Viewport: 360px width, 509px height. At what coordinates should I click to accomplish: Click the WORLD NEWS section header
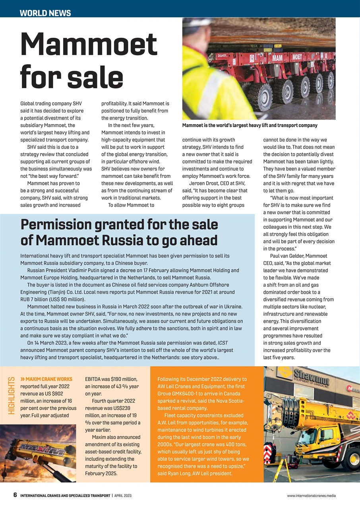pos(45,13)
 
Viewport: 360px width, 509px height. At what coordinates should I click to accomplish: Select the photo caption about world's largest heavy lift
pos(250,125)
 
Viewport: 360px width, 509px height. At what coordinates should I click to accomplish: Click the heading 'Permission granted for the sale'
pos(119,225)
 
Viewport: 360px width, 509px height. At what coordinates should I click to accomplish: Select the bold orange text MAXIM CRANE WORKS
pos(49,379)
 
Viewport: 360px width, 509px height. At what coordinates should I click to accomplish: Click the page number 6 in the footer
pos(15,495)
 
